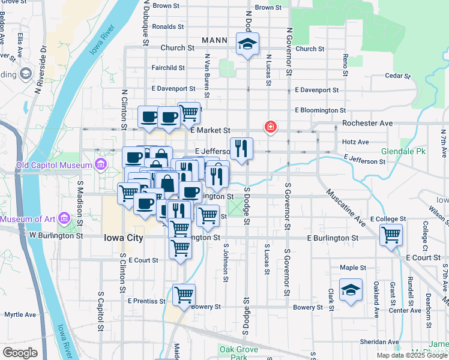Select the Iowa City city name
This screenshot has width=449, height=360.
coord(123,238)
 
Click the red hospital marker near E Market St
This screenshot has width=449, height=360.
coord(271,127)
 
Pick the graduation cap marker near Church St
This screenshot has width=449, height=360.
coord(247,44)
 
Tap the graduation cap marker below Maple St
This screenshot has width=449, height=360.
coord(351,290)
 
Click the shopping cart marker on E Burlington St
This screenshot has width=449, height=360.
coord(391,234)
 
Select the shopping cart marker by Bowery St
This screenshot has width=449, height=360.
coord(184,294)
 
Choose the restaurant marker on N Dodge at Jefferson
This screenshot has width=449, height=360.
coord(241,148)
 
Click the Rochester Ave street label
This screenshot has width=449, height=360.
coord(367,123)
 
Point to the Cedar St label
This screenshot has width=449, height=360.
coord(397,76)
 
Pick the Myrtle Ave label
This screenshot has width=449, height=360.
coord(20,314)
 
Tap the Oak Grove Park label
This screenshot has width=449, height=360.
coord(238,353)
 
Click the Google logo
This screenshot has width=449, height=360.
coord(20,352)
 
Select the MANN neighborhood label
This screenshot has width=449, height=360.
coord(214,41)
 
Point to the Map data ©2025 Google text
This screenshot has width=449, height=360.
coord(412,355)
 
